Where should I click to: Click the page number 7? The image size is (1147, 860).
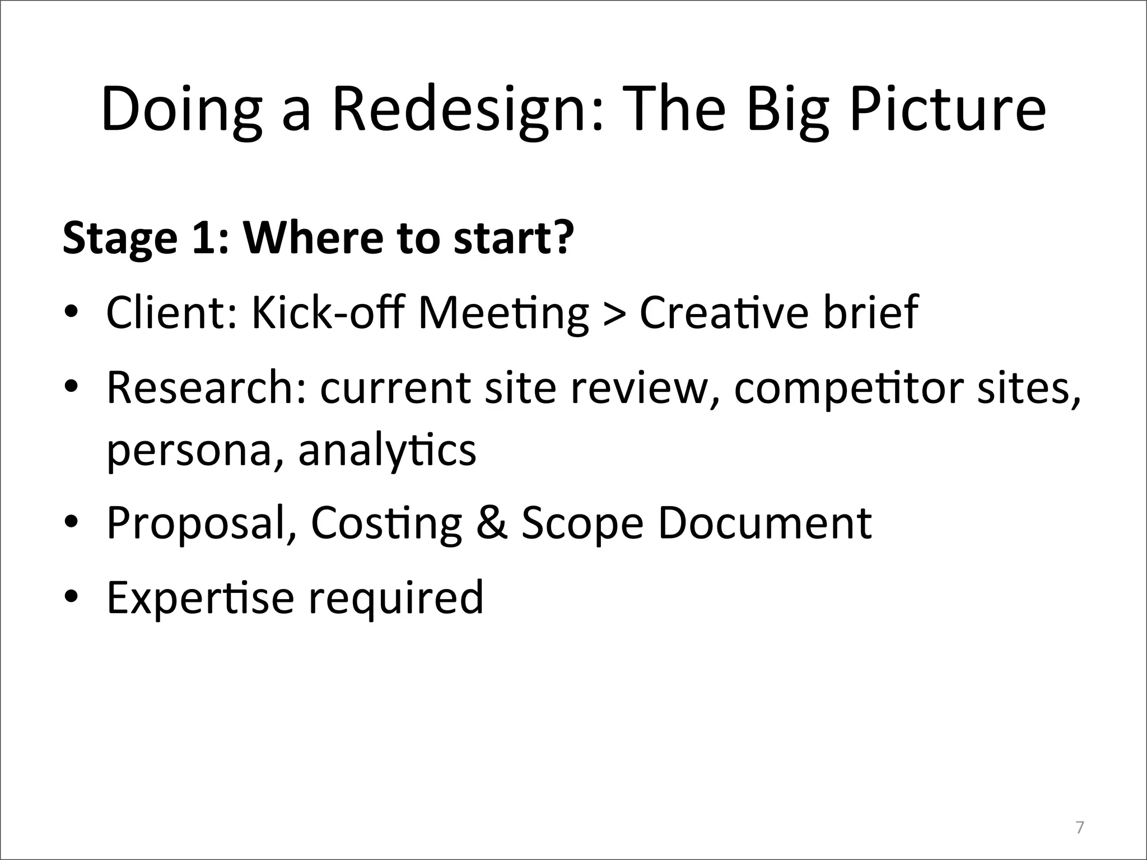tap(1080, 827)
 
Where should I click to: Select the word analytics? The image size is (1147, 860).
tap(387, 451)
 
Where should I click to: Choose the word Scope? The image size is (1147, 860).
tap(582, 524)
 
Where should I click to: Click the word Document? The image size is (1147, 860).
tap(764, 523)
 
